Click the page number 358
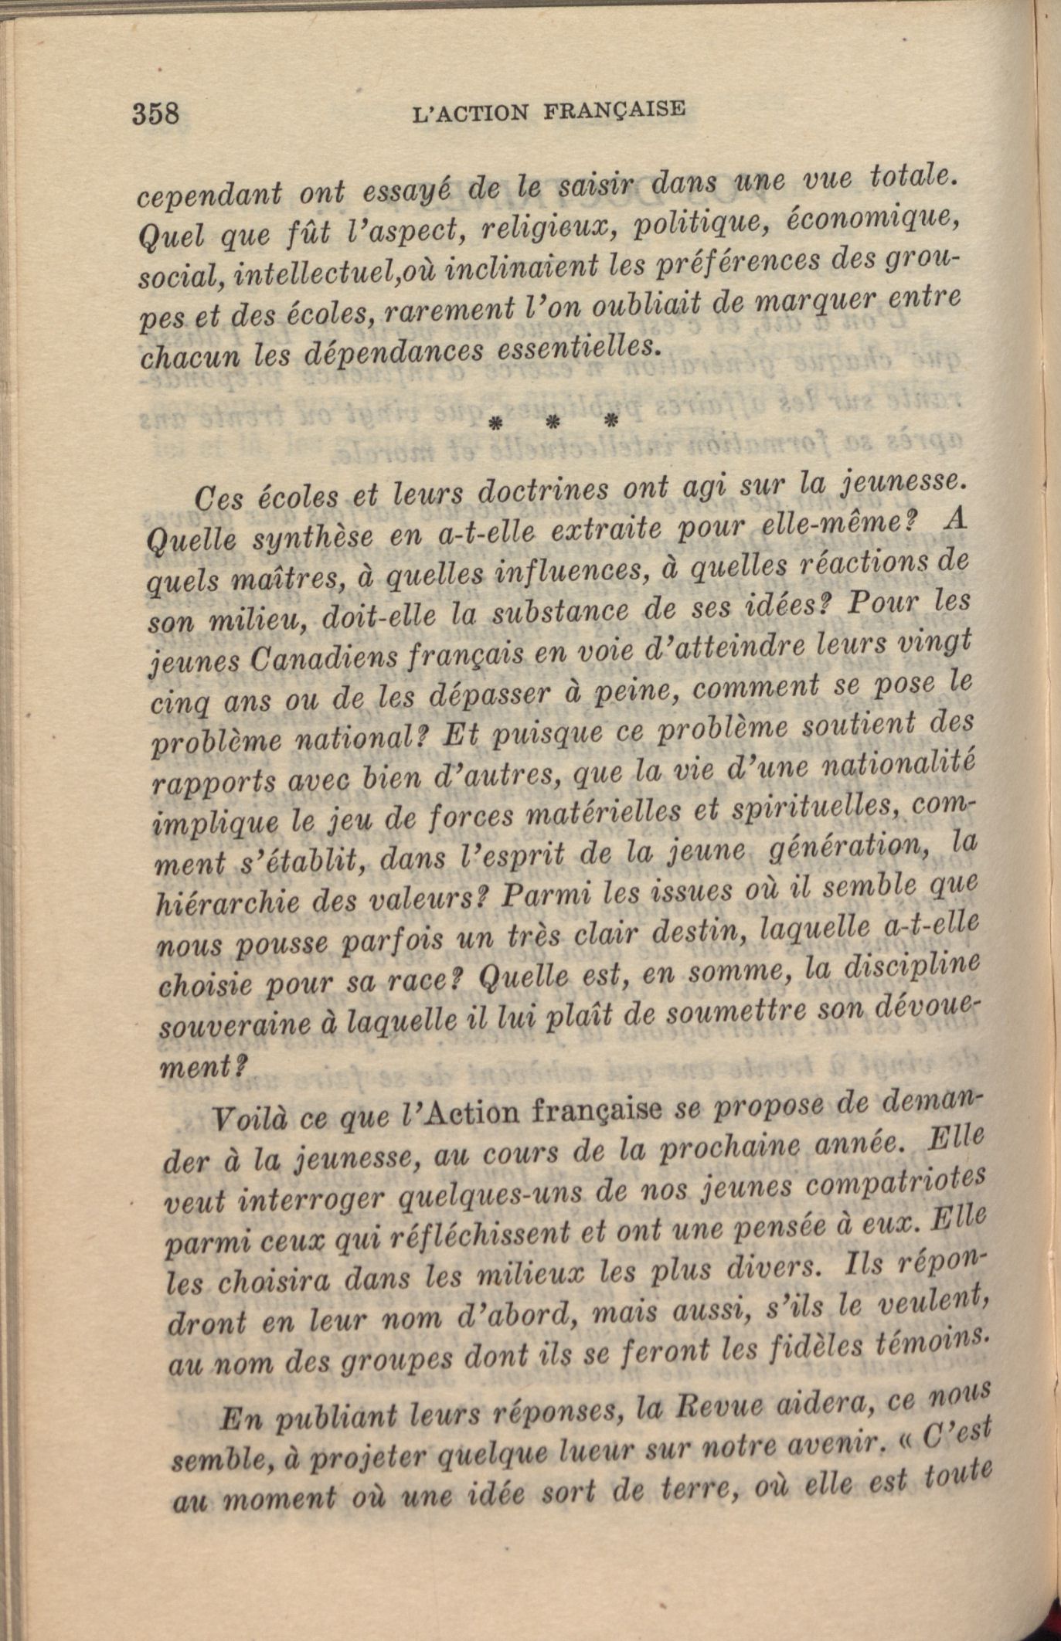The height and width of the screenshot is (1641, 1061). coord(156,114)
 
